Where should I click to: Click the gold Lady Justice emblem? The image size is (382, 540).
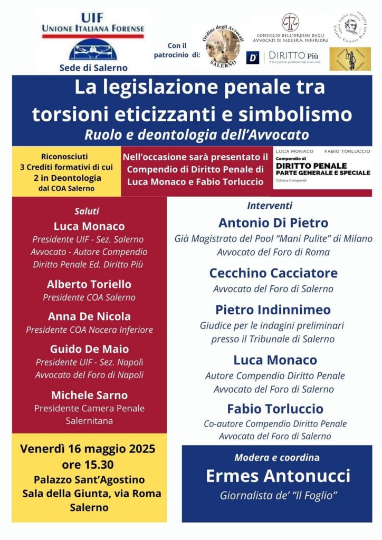(350, 59)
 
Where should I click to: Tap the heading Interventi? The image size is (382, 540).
(270, 206)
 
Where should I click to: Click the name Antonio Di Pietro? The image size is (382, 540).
(273, 223)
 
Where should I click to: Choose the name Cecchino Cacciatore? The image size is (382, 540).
(273, 273)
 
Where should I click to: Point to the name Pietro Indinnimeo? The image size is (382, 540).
(273, 310)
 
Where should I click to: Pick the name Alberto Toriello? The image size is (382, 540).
(89, 284)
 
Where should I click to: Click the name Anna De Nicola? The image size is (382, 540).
(89, 316)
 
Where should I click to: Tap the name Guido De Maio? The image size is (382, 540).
(89, 349)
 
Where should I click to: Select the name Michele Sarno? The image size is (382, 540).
(89, 394)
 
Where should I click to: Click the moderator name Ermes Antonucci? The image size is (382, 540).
(278, 476)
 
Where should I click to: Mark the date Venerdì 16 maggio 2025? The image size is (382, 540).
(88, 449)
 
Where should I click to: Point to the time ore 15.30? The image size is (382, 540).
(88, 466)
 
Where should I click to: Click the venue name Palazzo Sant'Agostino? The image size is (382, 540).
(88, 480)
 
